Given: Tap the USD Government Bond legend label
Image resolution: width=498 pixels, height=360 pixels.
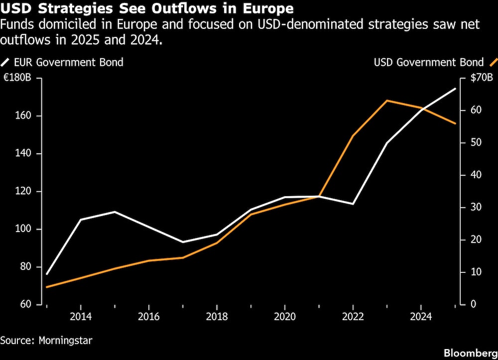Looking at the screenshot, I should click(429, 62).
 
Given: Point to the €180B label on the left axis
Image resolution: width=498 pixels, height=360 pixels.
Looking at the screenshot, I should click(17, 78).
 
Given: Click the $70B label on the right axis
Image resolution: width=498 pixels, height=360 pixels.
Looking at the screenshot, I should click(481, 78).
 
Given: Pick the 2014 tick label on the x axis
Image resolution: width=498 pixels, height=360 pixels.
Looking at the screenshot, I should click(80, 316).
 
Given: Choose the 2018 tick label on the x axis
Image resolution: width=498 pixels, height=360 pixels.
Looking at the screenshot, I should click(216, 316).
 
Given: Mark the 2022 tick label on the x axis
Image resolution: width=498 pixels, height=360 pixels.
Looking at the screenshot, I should click(353, 316).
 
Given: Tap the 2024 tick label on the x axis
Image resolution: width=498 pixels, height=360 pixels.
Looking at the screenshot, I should click(421, 316).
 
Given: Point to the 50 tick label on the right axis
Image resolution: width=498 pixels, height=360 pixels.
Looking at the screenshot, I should click(476, 142).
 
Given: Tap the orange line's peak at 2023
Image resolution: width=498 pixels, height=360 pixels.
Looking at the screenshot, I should click(387, 101).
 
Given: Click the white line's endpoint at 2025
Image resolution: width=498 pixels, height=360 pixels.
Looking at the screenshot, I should click(455, 89).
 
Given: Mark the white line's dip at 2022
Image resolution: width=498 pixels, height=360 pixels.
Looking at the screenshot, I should click(353, 204).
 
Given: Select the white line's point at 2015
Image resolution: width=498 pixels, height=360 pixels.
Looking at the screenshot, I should click(115, 212).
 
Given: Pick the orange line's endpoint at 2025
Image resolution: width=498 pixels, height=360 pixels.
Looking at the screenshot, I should click(455, 123).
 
